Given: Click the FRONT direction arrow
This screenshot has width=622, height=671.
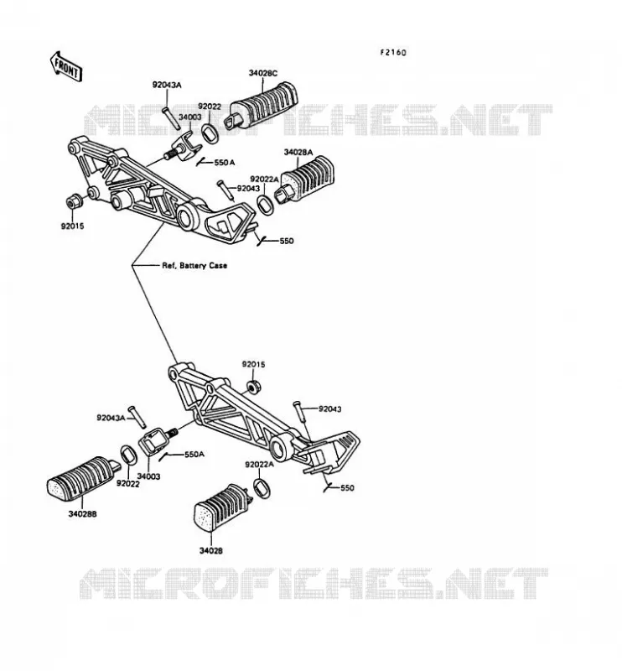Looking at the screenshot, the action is pos(66,67).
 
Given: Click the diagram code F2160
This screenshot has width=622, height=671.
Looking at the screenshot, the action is pos(393,53).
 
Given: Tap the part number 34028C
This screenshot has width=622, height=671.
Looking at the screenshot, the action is pos(263,73).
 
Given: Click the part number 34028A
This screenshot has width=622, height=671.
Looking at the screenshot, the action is pos(298,152).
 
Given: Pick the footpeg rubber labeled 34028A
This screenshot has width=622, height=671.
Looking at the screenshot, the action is pos(304,179).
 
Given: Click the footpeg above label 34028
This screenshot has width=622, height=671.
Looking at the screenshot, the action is pos(219,508).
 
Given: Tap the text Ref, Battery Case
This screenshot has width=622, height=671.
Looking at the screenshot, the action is pos(194,265).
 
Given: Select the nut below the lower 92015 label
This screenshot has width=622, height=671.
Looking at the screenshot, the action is pos(254,387).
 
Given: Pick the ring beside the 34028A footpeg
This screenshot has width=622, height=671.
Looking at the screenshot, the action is pos(265,204).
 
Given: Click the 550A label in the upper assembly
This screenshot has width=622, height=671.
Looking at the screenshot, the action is pos(224,163).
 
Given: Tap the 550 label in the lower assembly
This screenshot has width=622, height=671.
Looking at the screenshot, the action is pos(347,488).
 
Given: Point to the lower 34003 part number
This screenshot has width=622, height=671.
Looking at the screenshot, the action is pos(148,476).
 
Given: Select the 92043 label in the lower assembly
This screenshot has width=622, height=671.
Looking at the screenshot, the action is pos(329,409).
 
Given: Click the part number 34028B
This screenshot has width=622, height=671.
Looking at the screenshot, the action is pos(82,513).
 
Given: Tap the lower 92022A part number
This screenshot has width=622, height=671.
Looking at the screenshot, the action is pos(259,465).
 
